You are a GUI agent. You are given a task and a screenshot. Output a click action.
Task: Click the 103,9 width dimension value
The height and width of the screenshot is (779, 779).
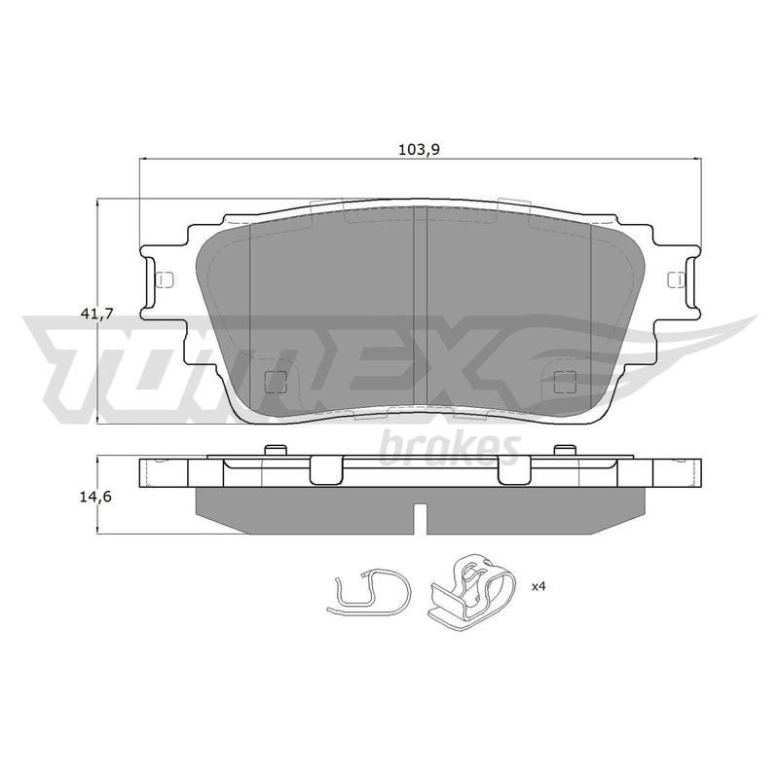pyautogui.click(x=420, y=149)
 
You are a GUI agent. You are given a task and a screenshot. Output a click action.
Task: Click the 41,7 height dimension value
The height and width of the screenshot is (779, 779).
pyautogui.click(x=97, y=313)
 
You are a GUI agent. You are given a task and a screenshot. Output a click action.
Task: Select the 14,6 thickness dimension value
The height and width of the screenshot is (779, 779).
pyautogui.click(x=95, y=497)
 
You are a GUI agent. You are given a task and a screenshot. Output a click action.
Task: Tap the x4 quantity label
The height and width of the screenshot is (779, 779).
pyautogui.click(x=538, y=587)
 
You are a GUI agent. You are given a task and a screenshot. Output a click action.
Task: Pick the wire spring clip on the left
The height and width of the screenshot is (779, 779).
pyautogui.click(x=369, y=593)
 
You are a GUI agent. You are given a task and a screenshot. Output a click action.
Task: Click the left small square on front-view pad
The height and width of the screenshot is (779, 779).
pyautogui.click(x=277, y=381)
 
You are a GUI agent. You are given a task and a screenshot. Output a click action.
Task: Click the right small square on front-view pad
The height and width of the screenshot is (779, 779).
pyautogui.click(x=565, y=381)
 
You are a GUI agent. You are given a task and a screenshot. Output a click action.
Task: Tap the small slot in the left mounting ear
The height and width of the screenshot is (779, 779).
pyautogui.click(x=164, y=279)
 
